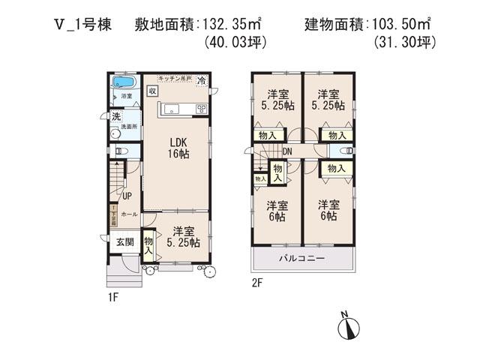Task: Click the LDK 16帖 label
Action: [178, 147]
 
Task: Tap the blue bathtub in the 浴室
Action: [124, 82]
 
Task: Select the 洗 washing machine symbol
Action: [116, 116]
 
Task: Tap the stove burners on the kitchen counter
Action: [200, 109]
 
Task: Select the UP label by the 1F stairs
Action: [127, 196]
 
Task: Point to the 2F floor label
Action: [257, 283]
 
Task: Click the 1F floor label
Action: [113, 297]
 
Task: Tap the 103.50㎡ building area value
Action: [403, 24]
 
